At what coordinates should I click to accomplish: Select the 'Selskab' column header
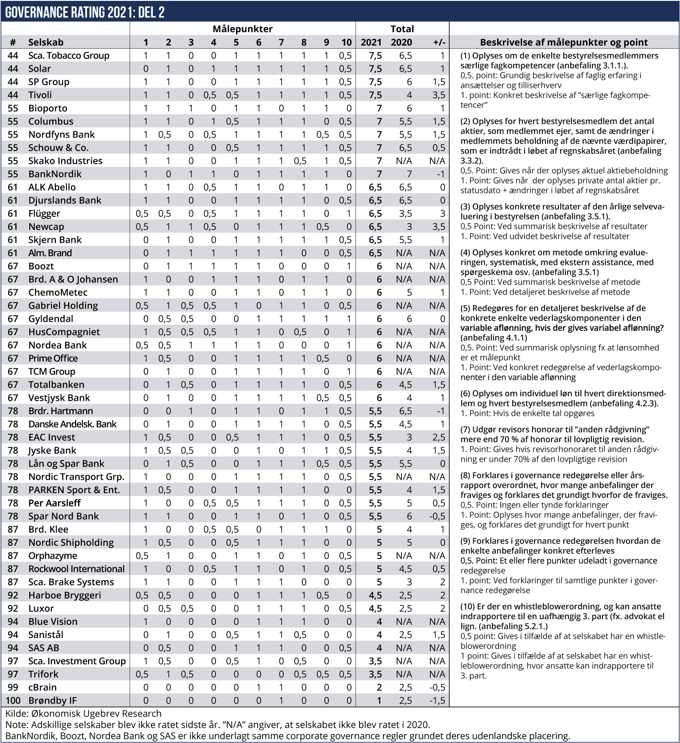coord(46,42)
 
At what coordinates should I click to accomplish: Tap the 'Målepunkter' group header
coord(242,29)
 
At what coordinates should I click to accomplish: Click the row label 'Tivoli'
coord(40,95)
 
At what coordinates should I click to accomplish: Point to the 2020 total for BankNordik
coord(409,174)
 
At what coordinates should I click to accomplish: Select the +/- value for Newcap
coord(438,227)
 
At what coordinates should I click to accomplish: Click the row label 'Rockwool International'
coord(77,569)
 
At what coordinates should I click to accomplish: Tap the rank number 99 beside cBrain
coord(13,687)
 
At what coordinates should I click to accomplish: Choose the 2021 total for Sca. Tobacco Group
coord(375,56)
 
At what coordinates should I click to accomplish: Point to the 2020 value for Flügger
coord(405,214)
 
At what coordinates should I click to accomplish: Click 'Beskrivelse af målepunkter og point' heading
coord(564,42)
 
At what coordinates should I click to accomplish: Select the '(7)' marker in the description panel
coord(465,429)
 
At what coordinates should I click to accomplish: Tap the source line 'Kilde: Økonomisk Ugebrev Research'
coord(83,713)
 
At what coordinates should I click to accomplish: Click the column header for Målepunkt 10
coord(346,42)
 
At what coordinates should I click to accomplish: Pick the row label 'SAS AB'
coord(43,648)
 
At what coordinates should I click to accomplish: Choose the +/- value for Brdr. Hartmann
coord(440,411)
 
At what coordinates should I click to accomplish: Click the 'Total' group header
coord(402,29)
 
